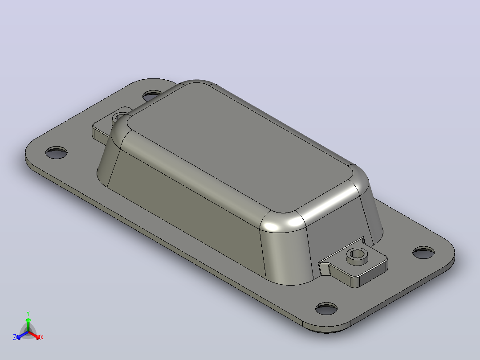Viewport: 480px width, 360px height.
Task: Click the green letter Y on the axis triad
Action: tap(28, 313)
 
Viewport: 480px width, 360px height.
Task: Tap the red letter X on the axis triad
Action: tap(42, 337)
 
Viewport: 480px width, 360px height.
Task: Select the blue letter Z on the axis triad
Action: tap(15, 337)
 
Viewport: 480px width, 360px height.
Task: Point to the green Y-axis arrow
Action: tap(28, 324)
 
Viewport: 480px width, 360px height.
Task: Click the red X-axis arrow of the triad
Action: tap(34, 335)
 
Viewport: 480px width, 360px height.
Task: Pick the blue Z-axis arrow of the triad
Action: tap(22, 335)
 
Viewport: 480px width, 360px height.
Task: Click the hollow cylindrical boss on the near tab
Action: tap(357, 256)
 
